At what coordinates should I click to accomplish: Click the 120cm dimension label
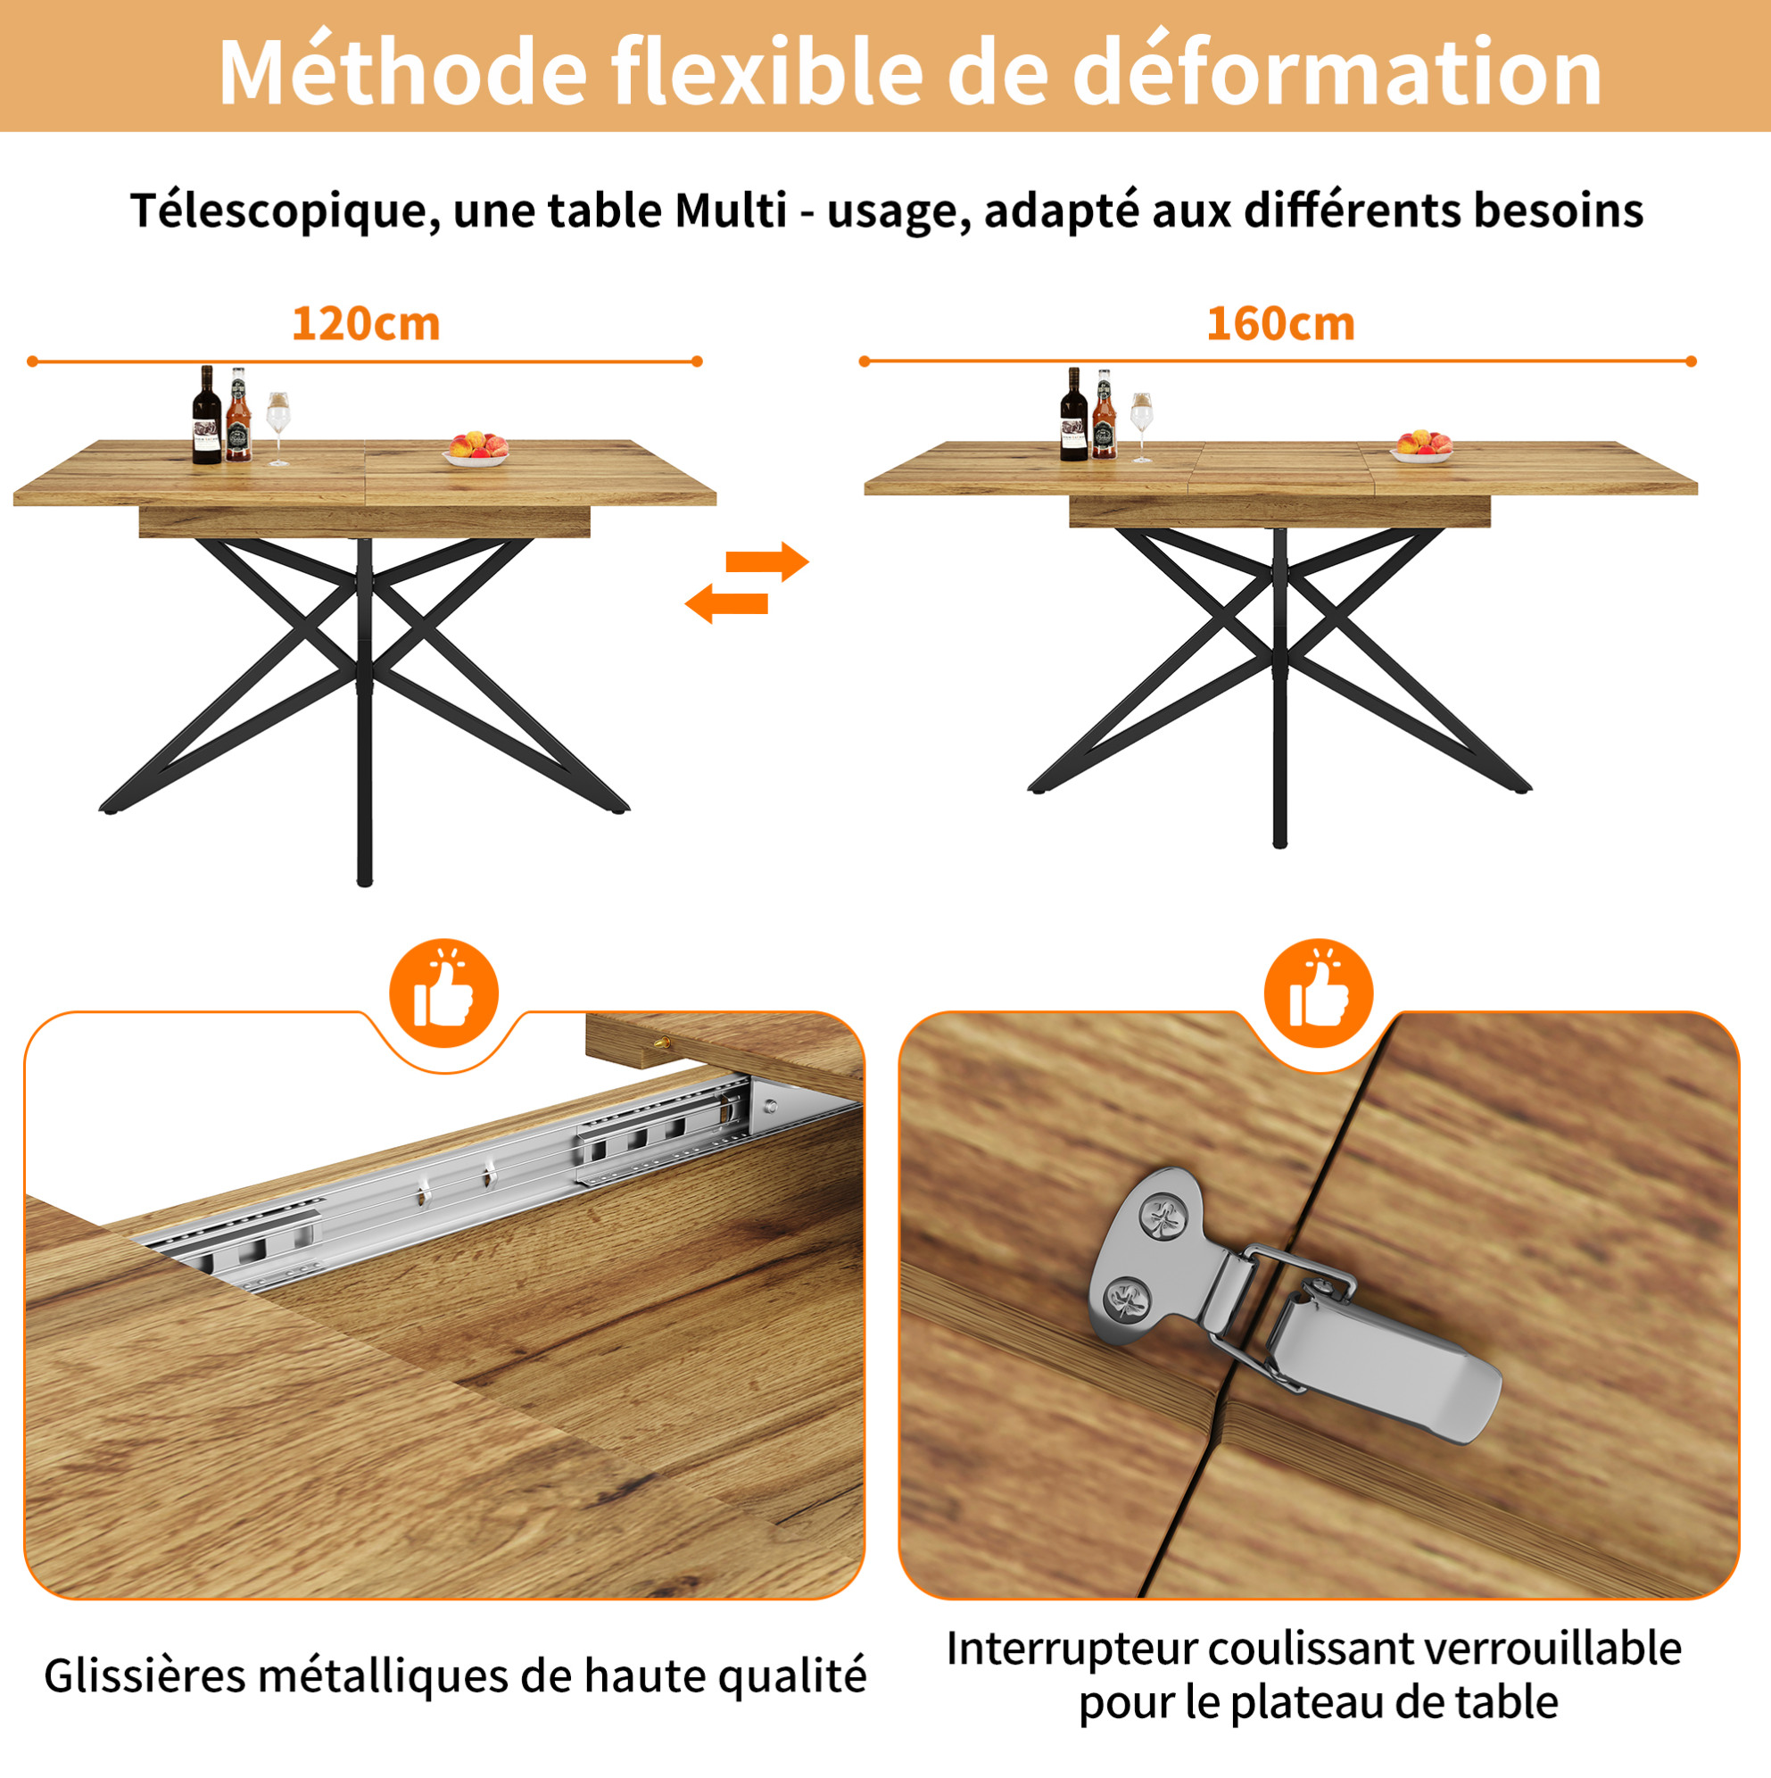[366, 324]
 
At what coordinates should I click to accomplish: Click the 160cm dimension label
[1280, 324]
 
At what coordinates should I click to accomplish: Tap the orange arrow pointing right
[767, 561]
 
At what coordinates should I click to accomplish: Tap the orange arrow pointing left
[727, 603]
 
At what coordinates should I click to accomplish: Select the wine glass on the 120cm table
[278, 428]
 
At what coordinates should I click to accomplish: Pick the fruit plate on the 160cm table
[1422, 446]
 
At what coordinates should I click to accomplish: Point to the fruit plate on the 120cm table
[476, 449]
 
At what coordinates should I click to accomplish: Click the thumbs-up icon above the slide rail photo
[444, 993]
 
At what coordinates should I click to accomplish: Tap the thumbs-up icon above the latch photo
[1319, 993]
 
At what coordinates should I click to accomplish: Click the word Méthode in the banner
[402, 70]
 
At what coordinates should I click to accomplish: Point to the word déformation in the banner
[1337, 70]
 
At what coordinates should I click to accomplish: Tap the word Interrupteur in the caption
[1071, 1649]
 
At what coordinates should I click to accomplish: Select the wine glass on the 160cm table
[1142, 426]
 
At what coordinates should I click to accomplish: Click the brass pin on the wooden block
[662, 1043]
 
